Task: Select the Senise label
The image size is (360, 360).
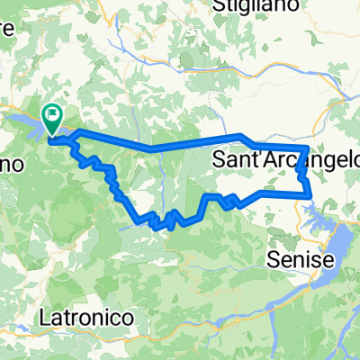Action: click(301, 260)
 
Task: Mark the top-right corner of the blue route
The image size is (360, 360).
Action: click(309, 148)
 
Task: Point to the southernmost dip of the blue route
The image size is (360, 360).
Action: click(171, 224)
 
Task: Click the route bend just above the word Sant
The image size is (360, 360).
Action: click(241, 137)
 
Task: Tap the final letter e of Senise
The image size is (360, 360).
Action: click(328, 260)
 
